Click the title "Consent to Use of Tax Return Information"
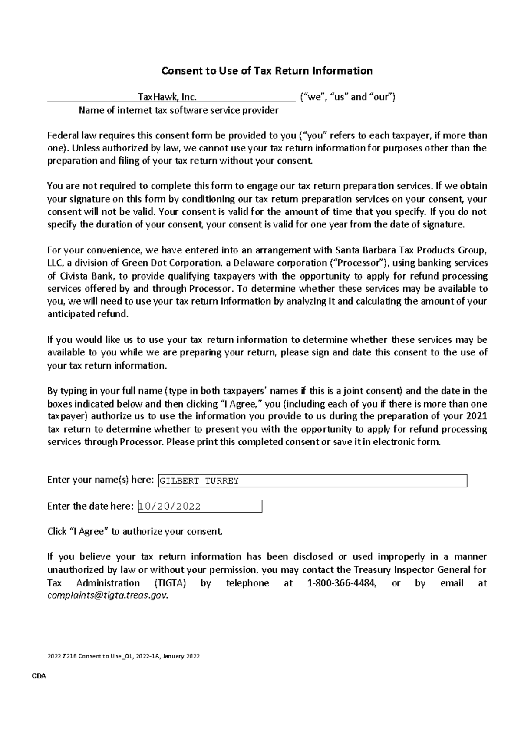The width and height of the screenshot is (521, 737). [x=267, y=71]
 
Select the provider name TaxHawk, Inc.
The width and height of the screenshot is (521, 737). [x=167, y=97]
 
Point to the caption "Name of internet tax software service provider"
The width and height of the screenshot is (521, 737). [x=178, y=110]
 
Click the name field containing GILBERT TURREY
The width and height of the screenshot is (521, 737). [x=313, y=480]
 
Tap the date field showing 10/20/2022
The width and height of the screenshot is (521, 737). [x=200, y=506]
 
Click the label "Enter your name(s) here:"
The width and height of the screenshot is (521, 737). [x=100, y=480]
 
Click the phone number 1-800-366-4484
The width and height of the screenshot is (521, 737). [x=341, y=583]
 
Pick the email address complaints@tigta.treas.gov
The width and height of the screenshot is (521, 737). [x=107, y=596]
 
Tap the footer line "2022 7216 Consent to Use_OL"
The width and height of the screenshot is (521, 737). [x=123, y=656]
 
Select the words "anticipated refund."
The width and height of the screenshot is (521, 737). [x=88, y=314]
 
